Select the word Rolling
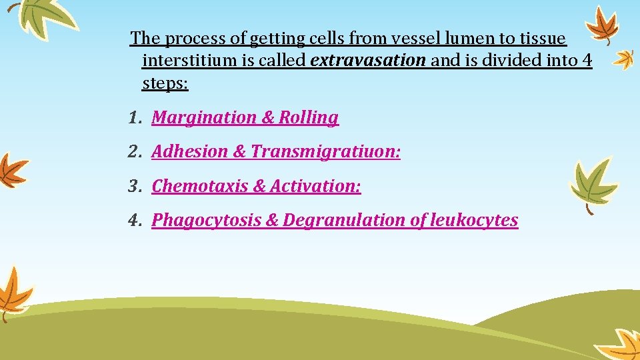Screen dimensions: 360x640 pos(309,118)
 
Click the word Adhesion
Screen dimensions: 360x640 pos(190,152)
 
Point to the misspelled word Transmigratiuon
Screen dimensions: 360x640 pos(325,152)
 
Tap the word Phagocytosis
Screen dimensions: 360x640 pos(206,221)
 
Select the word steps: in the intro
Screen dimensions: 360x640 pos(165,84)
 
